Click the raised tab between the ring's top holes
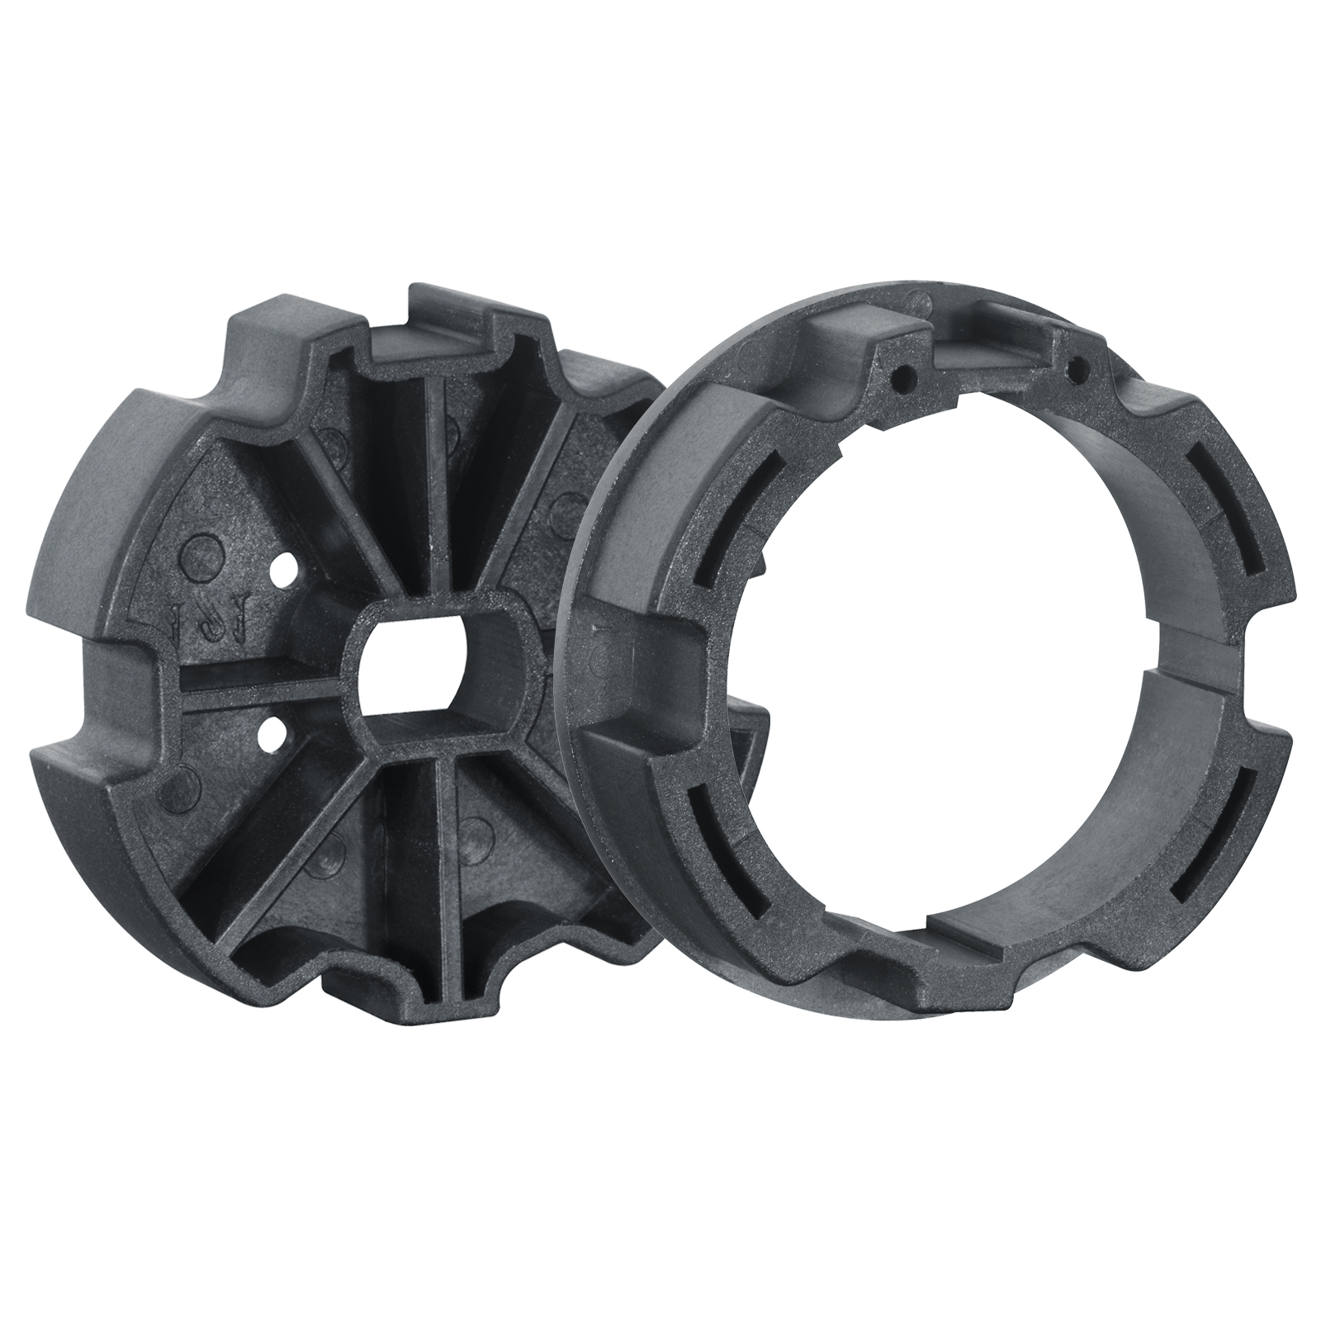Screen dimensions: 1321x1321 pos(991,347)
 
